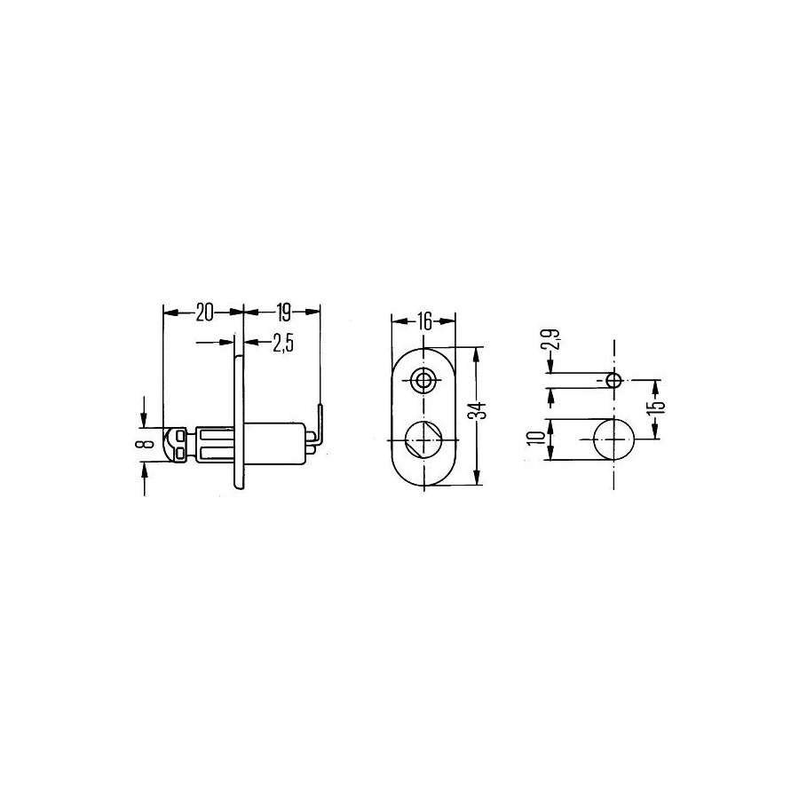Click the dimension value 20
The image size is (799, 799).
(x=204, y=312)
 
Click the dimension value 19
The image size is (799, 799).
(x=283, y=312)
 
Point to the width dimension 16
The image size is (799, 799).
(x=423, y=321)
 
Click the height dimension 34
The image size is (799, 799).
(x=479, y=411)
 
